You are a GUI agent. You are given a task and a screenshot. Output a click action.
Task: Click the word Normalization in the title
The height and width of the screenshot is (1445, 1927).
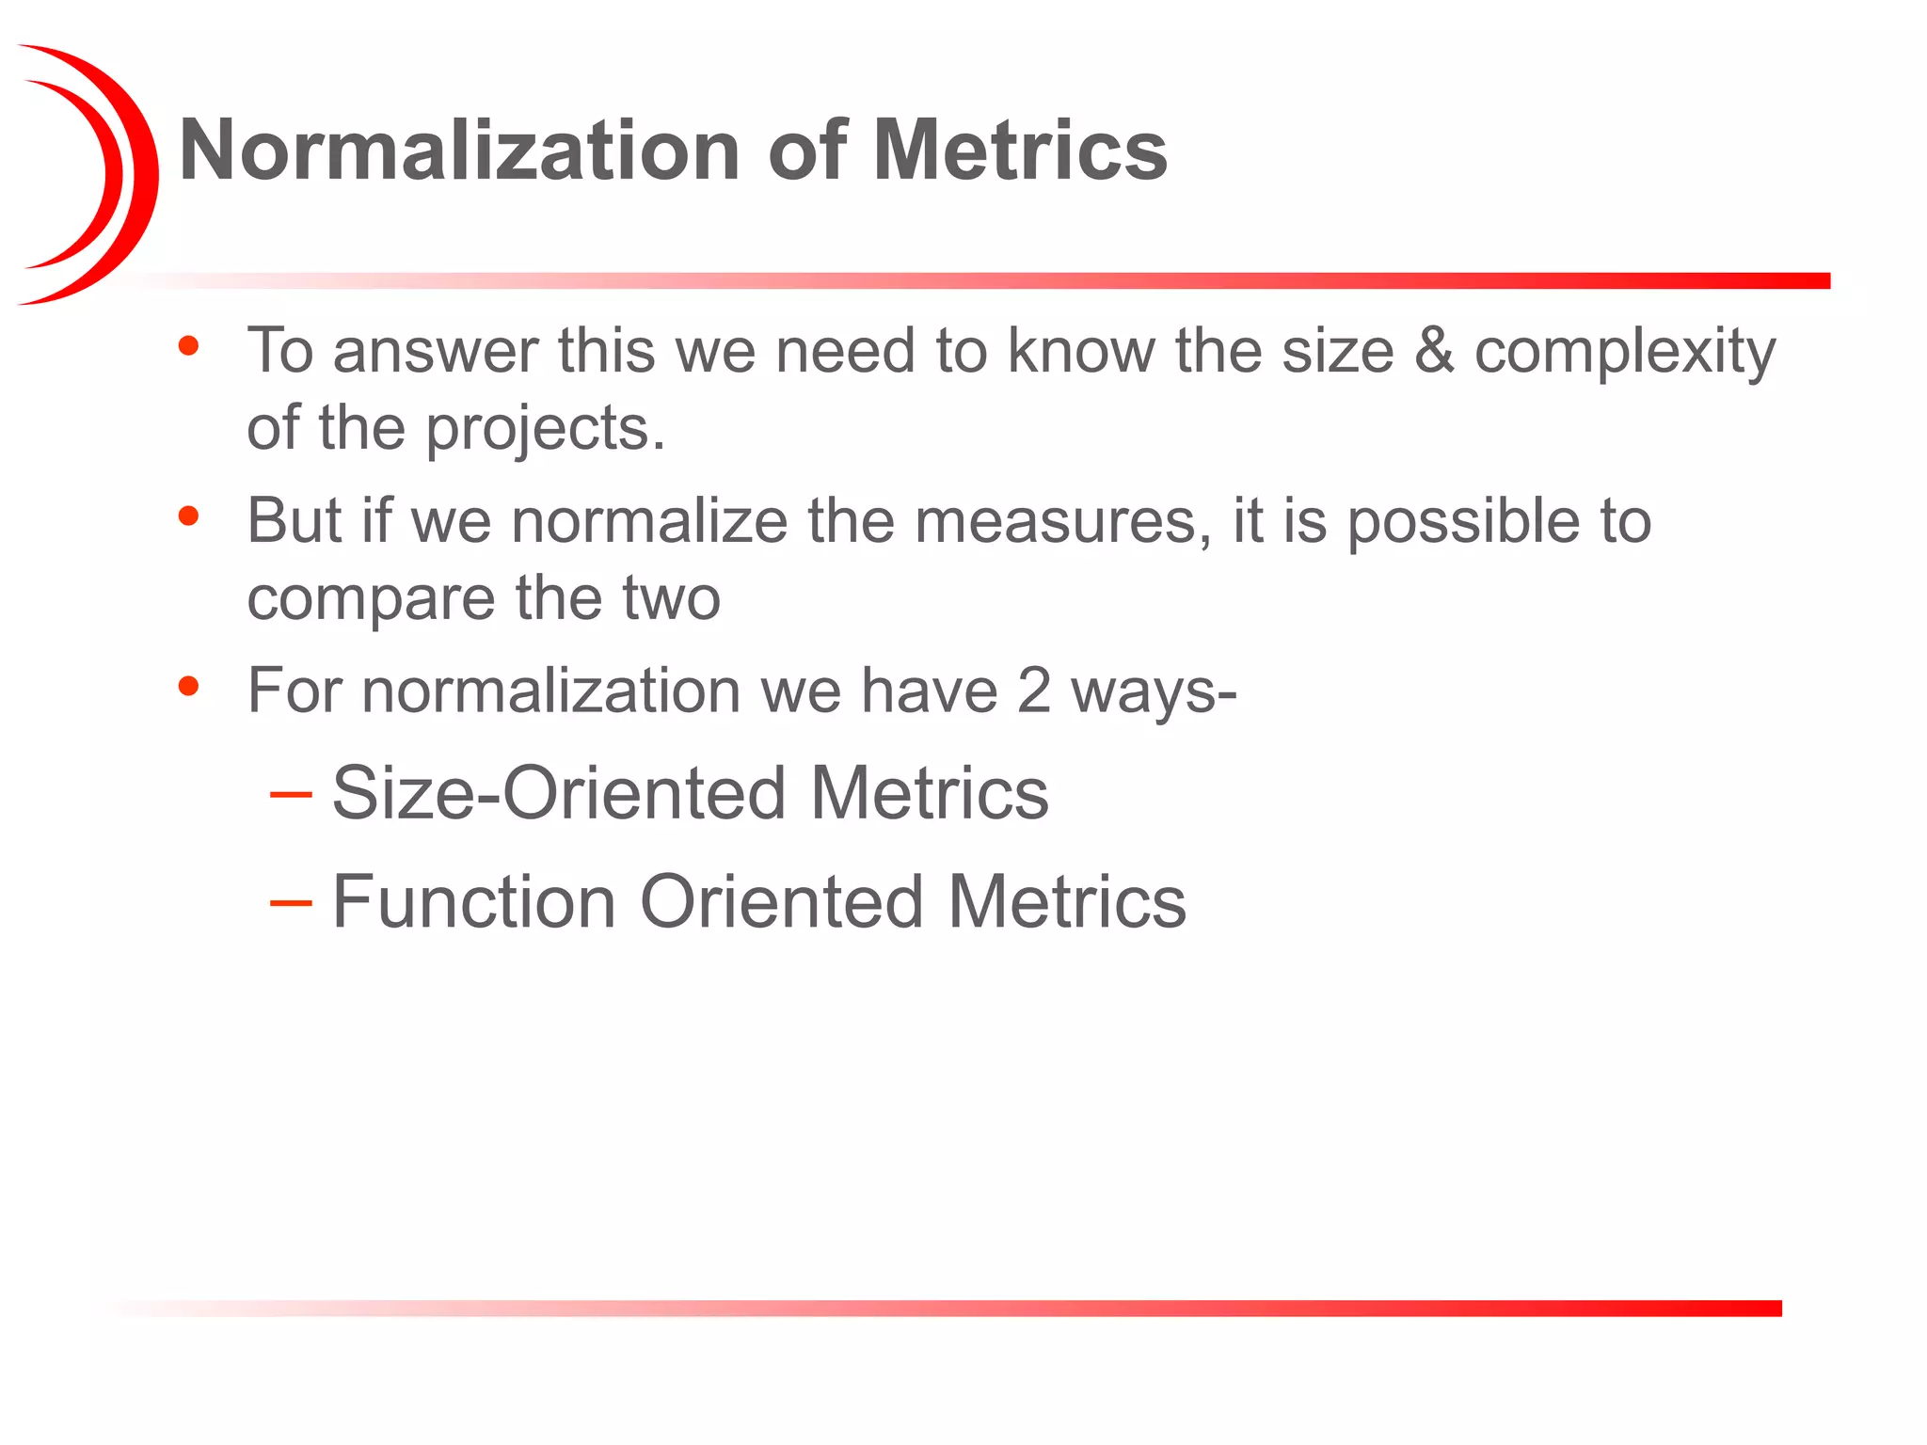tap(458, 151)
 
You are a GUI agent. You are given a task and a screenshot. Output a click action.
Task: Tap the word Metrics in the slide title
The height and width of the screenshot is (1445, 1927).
tap(1020, 151)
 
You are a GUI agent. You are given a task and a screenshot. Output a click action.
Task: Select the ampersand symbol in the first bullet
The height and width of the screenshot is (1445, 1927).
tap(1434, 351)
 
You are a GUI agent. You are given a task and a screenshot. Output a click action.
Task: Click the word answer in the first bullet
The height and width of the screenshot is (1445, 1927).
tap(435, 351)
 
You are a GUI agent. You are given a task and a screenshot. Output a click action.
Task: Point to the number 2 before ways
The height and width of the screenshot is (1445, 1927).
tap(1033, 691)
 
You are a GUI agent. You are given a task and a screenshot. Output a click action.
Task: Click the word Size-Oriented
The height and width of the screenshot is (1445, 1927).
tap(559, 793)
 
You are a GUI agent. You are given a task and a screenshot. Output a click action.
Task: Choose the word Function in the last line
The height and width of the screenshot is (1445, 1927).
tap(473, 901)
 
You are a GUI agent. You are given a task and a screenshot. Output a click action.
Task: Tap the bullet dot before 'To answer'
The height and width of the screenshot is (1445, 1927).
tap(189, 345)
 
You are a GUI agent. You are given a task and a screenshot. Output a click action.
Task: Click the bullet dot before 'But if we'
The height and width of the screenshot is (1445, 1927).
tap(189, 516)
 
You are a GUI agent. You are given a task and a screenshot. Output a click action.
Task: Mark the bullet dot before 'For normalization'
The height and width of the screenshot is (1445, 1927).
tap(189, 686)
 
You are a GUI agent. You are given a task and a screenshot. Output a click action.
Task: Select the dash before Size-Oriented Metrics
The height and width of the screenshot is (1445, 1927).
tap(290, 795)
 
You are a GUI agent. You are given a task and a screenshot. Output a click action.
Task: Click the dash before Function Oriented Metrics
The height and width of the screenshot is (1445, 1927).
tap(290, 903)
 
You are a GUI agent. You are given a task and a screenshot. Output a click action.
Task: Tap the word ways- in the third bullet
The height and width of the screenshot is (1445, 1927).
tap(1154, 692)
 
